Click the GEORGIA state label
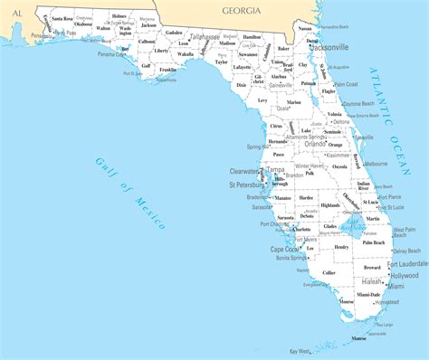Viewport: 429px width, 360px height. point(242,10)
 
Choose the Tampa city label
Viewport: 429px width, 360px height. point(276,169)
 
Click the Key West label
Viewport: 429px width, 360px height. point(300,351)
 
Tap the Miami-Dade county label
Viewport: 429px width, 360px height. point(368,295)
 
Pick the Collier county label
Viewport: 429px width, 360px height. point(329,272)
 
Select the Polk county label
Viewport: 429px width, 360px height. point(310,173)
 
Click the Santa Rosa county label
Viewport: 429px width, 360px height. point(62,18)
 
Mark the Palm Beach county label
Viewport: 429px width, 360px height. point(373,242)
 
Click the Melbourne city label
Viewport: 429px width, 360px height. point(375,164)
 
